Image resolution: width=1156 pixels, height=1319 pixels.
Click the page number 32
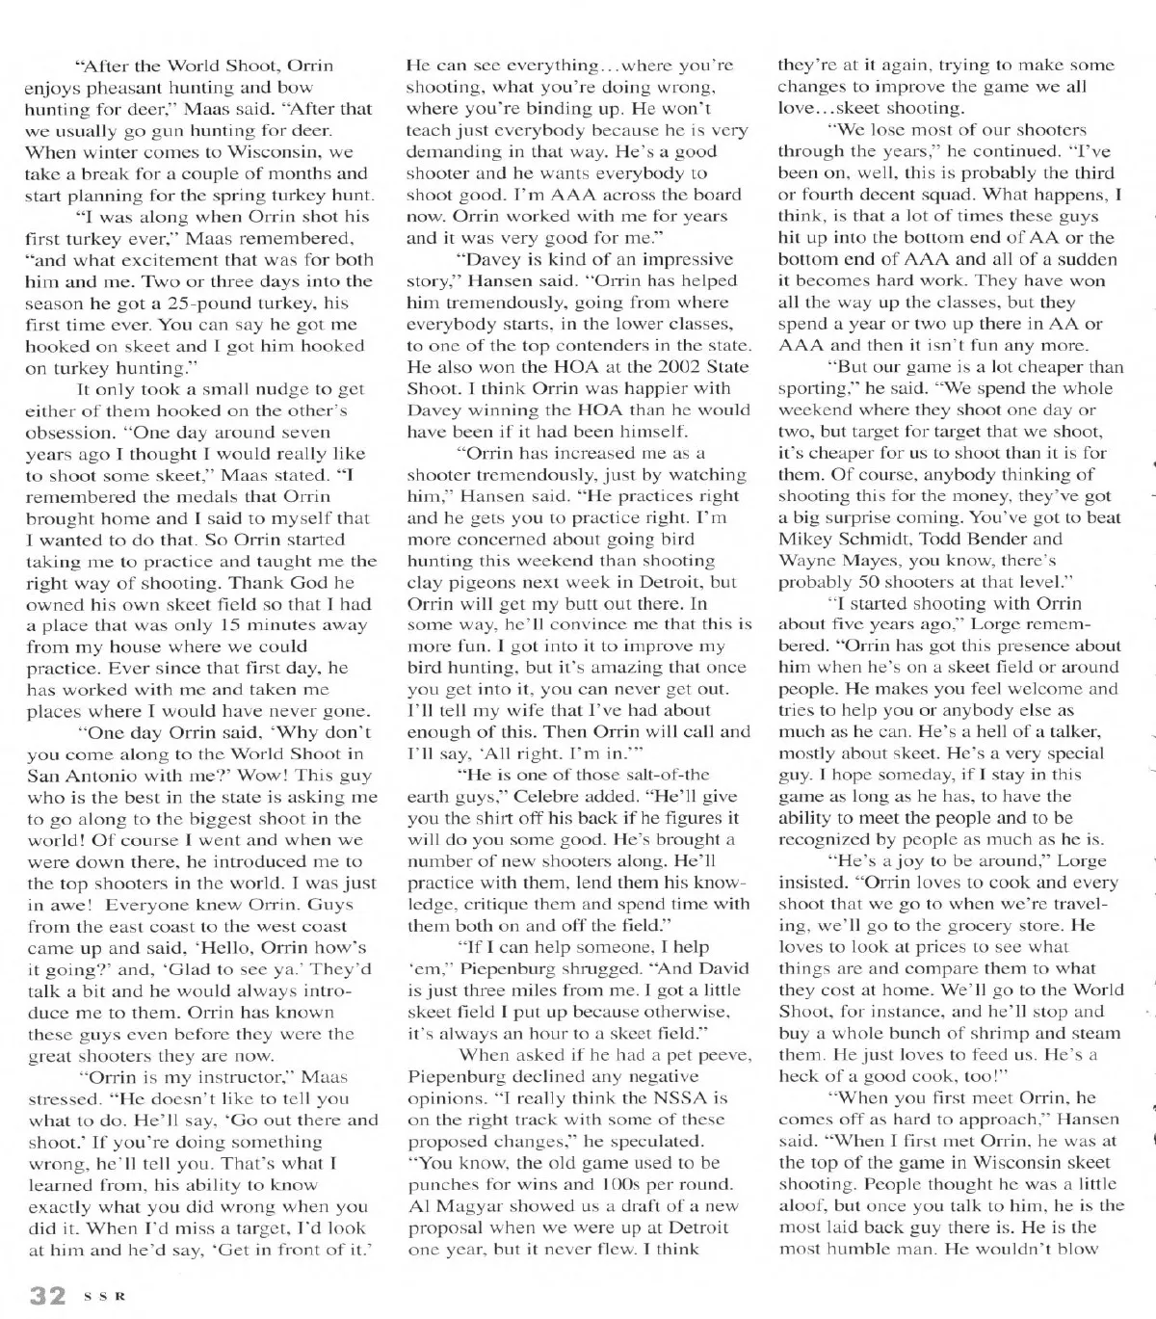coord(46,1295)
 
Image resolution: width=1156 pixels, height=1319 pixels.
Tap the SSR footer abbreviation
coord(104,1297)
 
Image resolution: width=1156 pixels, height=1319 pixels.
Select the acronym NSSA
coord(675,1098)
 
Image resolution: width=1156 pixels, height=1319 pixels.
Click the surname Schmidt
coord(878,540)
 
